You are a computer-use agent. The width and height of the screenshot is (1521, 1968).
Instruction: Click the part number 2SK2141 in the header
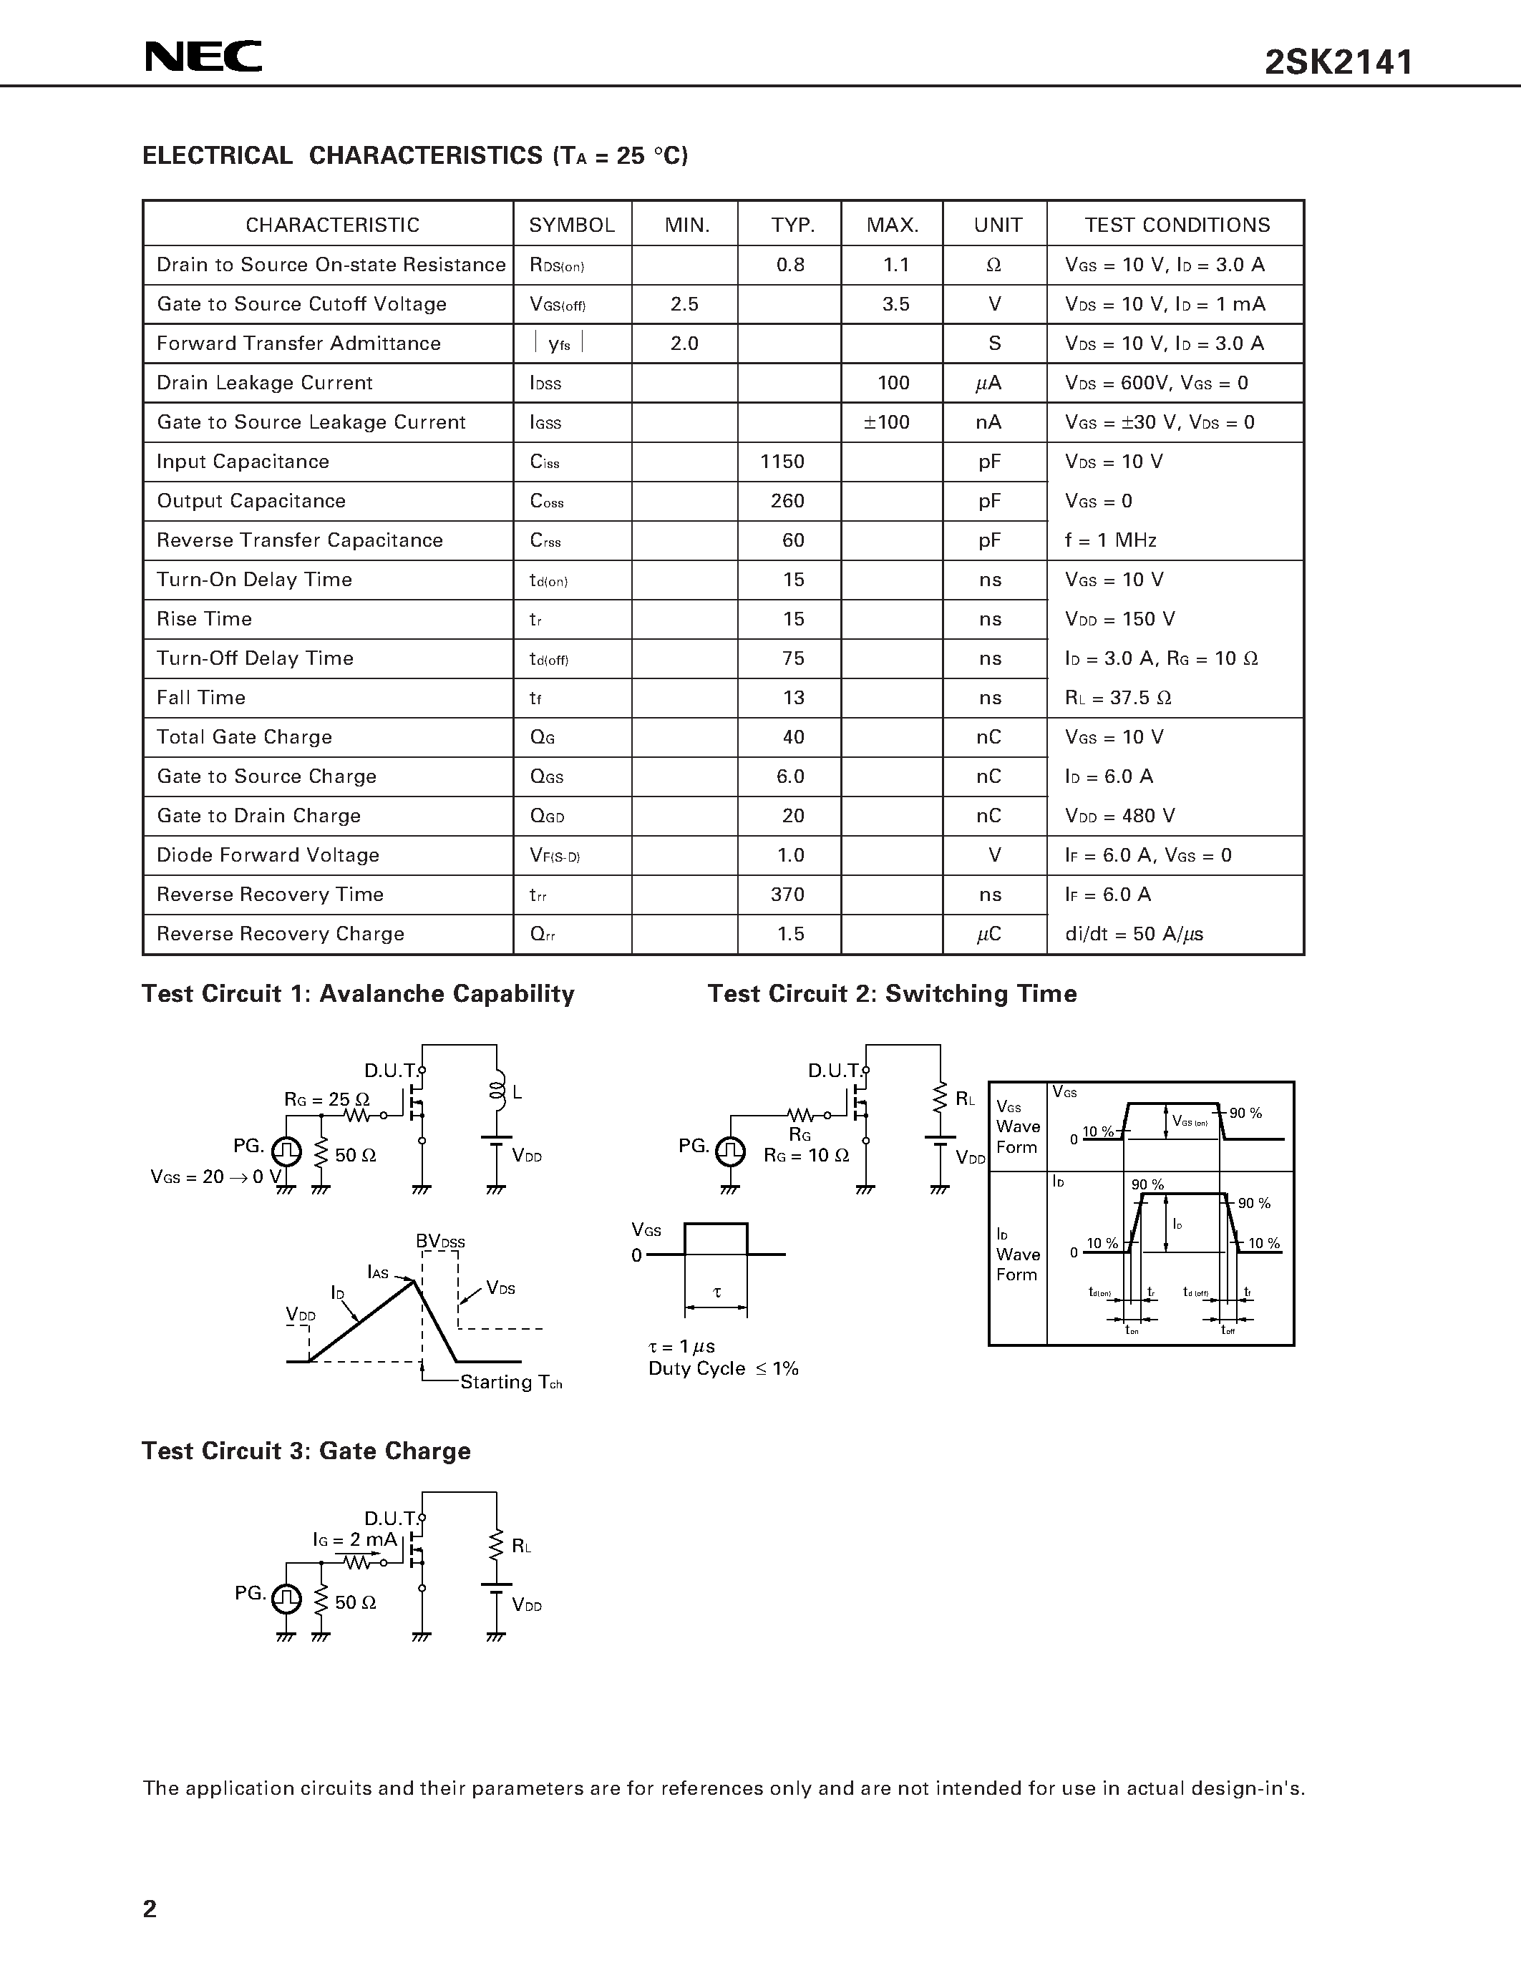1339,62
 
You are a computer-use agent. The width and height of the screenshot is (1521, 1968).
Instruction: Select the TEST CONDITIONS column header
1177,225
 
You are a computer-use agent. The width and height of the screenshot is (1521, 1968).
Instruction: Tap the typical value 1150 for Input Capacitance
782,462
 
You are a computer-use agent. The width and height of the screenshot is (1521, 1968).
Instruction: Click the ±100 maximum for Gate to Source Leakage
887,422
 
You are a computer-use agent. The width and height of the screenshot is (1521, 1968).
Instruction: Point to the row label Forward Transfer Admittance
298,344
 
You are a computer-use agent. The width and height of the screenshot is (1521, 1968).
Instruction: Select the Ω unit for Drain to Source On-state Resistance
994,265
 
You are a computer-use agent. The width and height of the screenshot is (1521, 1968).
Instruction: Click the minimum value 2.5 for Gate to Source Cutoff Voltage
685,303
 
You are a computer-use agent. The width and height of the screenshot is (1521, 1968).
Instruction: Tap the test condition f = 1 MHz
1110,540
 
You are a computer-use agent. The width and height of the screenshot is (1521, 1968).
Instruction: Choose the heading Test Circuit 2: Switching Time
892,993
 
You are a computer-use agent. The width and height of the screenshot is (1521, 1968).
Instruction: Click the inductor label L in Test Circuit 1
517,1093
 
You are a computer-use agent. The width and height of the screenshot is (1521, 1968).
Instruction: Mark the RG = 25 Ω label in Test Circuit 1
327,1099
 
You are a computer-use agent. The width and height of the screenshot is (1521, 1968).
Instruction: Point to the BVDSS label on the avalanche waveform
441,1242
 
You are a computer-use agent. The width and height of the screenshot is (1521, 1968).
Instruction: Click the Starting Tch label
511,1383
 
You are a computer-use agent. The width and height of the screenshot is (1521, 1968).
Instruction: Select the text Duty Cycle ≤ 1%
724,1369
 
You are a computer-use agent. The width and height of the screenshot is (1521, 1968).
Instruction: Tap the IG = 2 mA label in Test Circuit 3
355,1539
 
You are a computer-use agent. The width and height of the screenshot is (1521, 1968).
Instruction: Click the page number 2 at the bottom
150,1909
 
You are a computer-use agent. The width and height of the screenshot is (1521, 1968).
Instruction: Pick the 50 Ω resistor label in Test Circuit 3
355,1602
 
